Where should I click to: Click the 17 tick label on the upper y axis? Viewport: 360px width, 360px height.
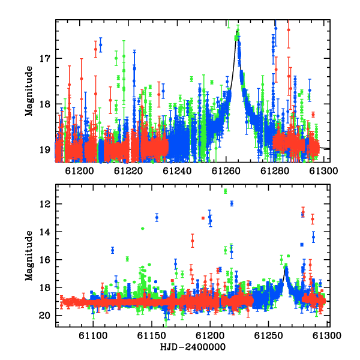(45, 59)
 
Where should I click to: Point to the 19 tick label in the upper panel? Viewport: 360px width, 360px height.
(45, 150)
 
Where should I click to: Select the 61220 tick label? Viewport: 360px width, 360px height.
(128, 171)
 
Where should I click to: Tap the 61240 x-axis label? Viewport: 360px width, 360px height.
(177, 171)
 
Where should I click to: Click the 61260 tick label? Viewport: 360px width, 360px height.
(226, 171)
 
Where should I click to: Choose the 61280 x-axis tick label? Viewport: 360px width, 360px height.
(275, 171)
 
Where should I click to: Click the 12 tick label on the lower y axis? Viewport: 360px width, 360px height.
(45, 204)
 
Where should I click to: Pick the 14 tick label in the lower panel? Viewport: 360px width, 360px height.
(45, 232)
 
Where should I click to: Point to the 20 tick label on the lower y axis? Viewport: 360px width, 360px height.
(44, 316)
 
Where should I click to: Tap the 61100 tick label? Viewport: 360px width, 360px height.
(93, 336)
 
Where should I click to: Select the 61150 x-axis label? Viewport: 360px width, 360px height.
(152, 336)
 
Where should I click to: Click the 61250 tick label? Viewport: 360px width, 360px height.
(268, 336)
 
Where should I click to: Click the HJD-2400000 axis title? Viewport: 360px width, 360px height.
(193, 347)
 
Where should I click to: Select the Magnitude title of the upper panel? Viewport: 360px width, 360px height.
(29, 91)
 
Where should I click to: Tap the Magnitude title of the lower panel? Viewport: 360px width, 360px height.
(29, 256)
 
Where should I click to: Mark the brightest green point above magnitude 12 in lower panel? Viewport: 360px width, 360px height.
(225, 191)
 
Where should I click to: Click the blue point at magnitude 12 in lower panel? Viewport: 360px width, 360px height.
(232, 203)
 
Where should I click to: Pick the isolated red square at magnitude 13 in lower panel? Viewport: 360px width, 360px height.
(203, 218)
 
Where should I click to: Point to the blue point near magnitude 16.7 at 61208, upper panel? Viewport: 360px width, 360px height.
(101, 45)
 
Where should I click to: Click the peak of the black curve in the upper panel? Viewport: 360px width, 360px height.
(237, 31)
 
